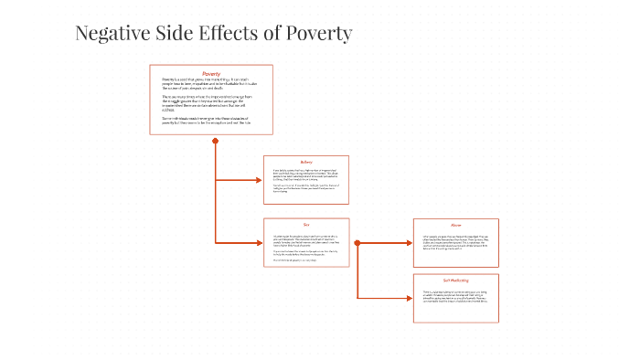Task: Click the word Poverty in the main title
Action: (317, 35)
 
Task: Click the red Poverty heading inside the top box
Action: (211, 73)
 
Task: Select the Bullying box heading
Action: (306, 163)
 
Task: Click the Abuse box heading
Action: (455, 225)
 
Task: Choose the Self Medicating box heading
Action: (455, 280)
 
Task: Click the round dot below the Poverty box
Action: (216, 141)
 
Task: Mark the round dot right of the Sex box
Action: (357, 243)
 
